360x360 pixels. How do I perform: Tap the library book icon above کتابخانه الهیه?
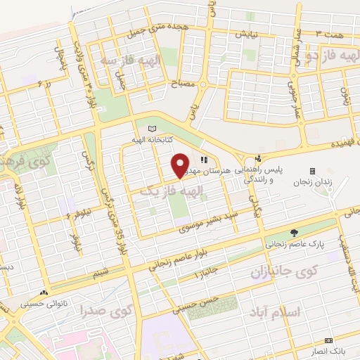(153, 128)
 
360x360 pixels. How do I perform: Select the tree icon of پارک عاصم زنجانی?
(294, 233)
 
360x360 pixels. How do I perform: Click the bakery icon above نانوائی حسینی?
(44, 292)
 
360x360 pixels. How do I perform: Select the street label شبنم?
(101, 270)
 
